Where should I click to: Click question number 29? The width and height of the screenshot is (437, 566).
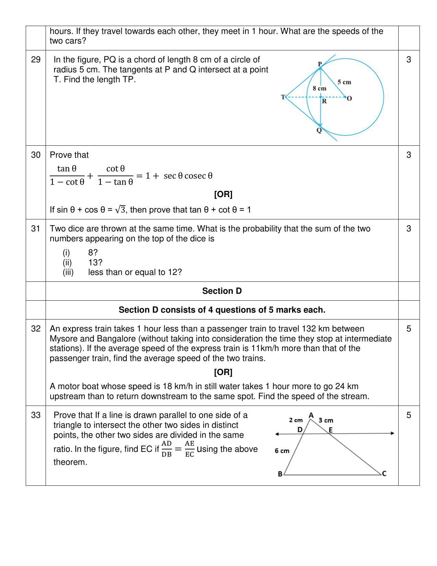[x=36, y=60]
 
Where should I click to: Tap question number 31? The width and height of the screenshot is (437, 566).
[x=36, y=229]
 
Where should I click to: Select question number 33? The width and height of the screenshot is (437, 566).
[x=36, y=415]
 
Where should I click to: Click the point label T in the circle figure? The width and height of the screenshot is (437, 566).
[x=283, y=97]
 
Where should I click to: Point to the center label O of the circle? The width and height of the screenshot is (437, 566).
[x=349, y=99]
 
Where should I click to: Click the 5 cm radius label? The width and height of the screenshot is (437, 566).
[x=344, y=82]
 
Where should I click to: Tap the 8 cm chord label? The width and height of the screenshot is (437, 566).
[x=319, y=88]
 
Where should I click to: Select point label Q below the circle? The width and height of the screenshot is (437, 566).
[x=319, y=131]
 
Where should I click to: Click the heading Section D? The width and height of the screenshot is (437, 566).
[x=222, y=291]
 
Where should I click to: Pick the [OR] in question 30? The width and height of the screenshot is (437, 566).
[x=223, y=194]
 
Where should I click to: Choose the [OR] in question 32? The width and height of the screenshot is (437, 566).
[x=223, y=372]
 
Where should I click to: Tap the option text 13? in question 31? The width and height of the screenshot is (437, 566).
[x=95, y=263]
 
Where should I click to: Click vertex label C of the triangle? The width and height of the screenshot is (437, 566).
[x=384, y=473]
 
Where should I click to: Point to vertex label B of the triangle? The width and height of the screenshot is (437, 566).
[x=280, y=474]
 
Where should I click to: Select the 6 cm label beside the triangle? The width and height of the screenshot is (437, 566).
[x=282, y=451]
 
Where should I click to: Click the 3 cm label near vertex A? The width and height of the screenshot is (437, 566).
[x=326, y=420]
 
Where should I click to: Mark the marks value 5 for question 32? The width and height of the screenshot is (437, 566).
[x=409, y=329]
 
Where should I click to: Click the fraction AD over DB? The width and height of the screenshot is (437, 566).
[x=167, y=449]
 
